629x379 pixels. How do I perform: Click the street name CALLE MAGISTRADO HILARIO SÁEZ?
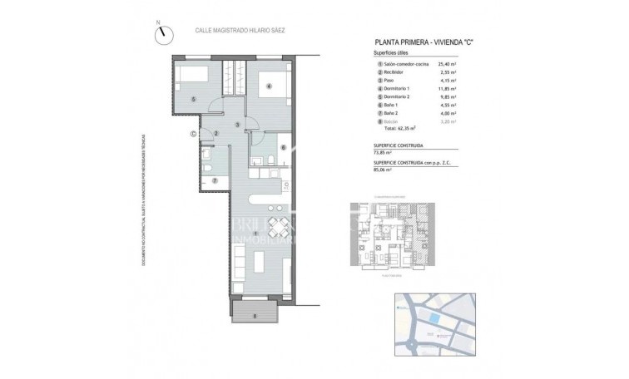239,30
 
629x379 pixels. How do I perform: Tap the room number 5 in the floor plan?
193,100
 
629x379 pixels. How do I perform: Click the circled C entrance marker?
194,133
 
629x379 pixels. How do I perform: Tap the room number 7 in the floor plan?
214,180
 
